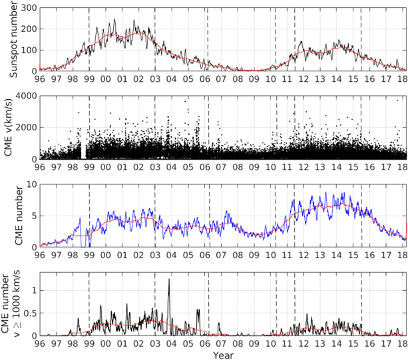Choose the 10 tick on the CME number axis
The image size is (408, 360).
[x=30, y=184]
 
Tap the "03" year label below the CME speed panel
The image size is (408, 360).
[x=156, y=167]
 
